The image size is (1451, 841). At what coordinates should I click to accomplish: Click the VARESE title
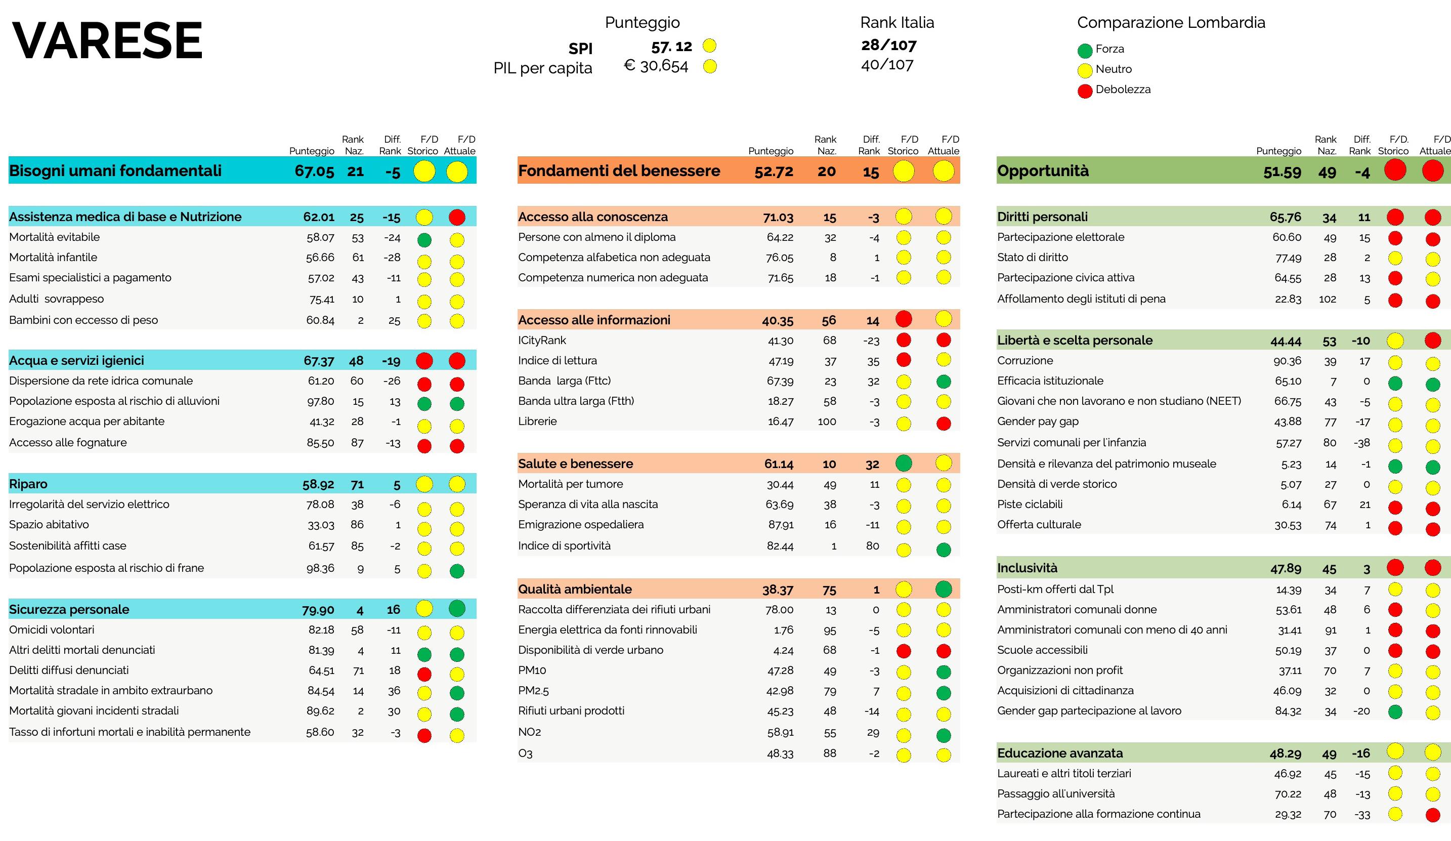tap(107, 40)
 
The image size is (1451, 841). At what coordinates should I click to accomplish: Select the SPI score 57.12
tap(671, 47)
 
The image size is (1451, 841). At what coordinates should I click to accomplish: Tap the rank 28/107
tap(888, 45)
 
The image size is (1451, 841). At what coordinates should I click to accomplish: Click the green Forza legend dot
tap(1085, 51)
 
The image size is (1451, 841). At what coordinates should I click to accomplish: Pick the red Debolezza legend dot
tap(1085, 91)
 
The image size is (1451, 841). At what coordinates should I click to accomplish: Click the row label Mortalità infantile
tap(53, 258)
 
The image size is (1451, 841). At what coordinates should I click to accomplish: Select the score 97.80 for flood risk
tap(321, 401)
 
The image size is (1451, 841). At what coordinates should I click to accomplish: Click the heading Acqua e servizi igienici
tap(76, 361)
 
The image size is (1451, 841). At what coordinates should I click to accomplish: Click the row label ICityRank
tap(542, 341)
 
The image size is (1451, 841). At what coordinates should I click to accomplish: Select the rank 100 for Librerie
tap(826, 422)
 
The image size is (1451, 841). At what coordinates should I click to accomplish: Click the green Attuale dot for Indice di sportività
tap(943, 550)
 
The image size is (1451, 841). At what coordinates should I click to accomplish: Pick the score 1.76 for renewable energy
tap(783, 630)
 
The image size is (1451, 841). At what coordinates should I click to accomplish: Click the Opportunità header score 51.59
tap(1282, 172)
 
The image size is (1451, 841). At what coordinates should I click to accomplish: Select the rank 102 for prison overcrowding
tap(1327, 300)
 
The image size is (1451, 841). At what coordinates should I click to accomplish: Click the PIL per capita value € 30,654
tap(656, 66)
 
